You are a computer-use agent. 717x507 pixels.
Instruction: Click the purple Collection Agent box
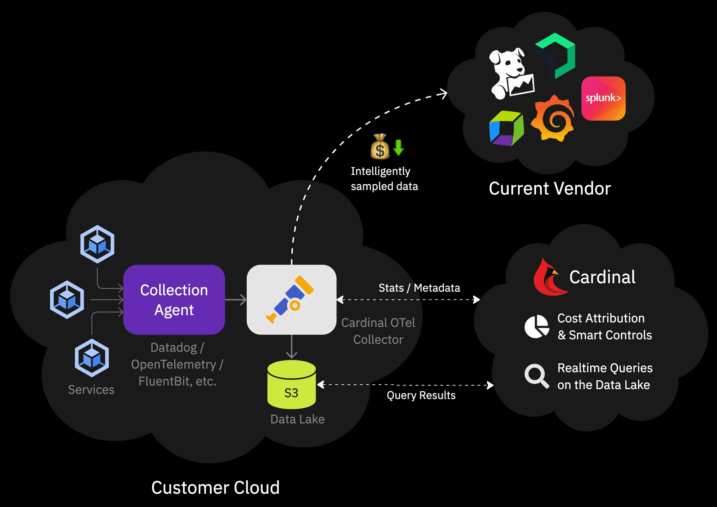[x=174, y=299]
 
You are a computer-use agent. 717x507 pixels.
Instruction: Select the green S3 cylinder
[x=291, y=385]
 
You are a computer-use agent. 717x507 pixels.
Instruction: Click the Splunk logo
[x=603, y=98]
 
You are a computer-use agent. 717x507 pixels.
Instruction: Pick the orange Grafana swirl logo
[x=553, y=119]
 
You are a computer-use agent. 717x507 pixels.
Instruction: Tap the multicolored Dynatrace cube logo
[x=506, y=128]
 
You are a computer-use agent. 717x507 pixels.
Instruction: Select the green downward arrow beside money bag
[x=398, y=147]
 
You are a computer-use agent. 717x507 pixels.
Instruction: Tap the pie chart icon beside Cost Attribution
[x=536, y=326]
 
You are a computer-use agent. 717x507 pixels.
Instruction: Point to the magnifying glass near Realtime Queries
[x=536, y=375]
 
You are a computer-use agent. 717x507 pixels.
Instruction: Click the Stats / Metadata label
[x=419, y=288]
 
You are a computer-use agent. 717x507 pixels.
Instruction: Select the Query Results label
[x=421, y=395]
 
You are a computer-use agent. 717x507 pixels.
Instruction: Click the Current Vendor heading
[x=549, y=189]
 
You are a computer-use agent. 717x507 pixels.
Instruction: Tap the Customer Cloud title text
[x=215, y=487]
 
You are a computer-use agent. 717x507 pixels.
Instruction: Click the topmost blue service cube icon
[x=97, y=244]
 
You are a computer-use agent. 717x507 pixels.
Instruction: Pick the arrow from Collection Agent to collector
[x=235, y=299]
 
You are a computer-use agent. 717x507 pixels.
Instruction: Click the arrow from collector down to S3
[x=291, y=346]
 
